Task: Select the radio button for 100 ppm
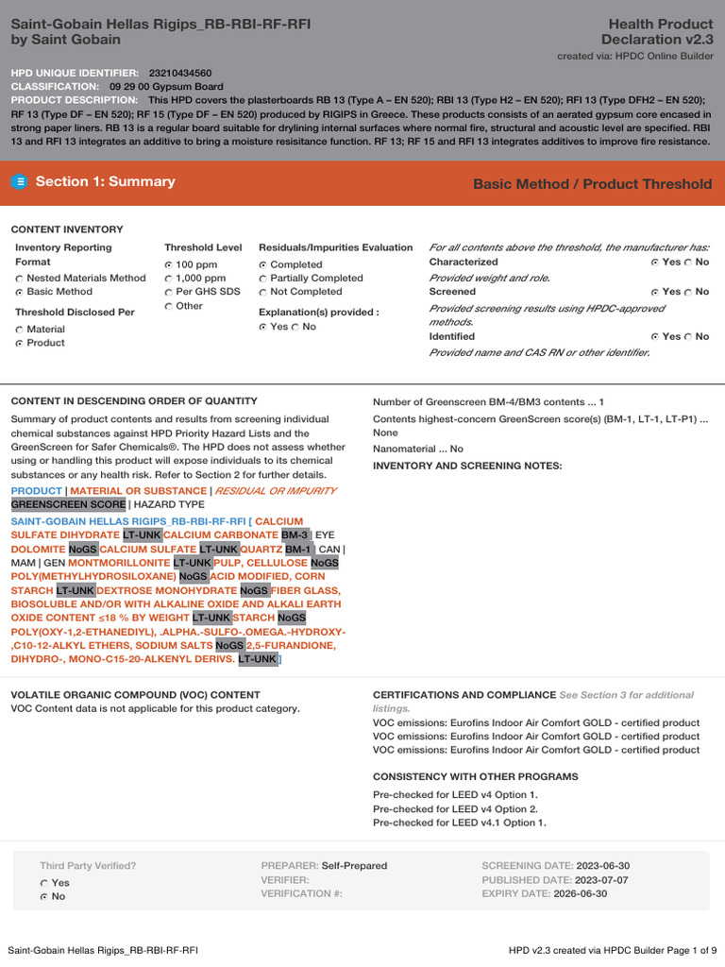169,264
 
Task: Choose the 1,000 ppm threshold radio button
169,279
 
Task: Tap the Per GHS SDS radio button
169,293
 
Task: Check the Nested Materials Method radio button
20,279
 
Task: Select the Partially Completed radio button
263,279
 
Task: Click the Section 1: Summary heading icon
19,182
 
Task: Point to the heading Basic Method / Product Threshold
592,184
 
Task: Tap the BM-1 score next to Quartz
298,549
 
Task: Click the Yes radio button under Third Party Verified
44,883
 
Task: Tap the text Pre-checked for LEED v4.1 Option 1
459,823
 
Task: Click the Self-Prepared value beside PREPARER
354,866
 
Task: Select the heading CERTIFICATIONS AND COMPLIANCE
464,695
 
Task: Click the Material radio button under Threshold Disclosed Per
20,330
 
